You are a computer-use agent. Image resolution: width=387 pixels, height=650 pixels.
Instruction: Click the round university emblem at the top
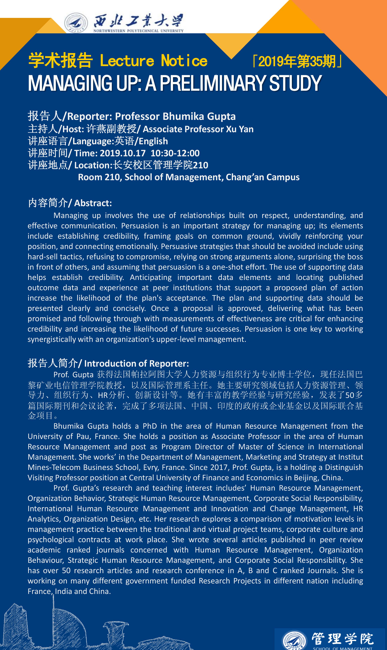76,23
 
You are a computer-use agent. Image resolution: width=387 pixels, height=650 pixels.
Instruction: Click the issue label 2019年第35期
297,62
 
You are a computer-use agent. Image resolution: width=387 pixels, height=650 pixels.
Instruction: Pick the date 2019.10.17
123,153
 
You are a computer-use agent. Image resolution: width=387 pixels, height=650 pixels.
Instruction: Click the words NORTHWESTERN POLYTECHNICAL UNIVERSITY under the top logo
138,31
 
